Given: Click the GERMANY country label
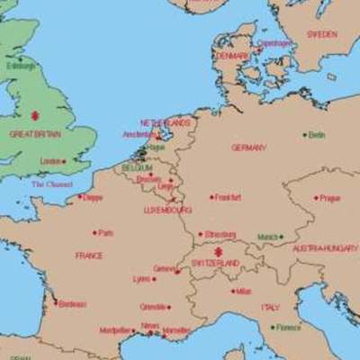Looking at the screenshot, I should pos(248,148).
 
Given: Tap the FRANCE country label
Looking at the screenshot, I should pos(89,256).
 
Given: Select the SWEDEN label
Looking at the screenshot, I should pos(321,34).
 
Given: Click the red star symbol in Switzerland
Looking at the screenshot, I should pos(216,253).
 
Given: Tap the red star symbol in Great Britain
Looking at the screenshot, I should pos(34,115).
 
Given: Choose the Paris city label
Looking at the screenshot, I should pos(105,232).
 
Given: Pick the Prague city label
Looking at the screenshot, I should pos(329,198).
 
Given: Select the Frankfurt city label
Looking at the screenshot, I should pos(228,196).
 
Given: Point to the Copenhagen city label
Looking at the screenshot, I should pos(274,42).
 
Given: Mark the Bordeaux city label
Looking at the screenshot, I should pos(72,304).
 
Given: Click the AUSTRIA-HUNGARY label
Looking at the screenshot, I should pos(325,247).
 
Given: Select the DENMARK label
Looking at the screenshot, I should pos(232,56).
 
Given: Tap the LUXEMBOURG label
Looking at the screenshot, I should pos(167,210).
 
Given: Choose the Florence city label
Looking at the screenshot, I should pos(289,328).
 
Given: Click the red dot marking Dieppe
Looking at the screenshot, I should pos(79,197).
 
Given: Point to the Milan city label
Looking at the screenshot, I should pos(243,291).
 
